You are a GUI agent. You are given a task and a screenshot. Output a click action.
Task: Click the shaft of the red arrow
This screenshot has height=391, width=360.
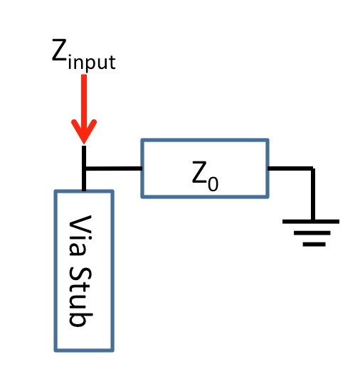click(84, 99)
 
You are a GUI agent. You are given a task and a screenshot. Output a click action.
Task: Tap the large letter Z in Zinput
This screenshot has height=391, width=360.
click(59, 50)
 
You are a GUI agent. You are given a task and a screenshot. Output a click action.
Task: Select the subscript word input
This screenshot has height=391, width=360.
click(92, 63)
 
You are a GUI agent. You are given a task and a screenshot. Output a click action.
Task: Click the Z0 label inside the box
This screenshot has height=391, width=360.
click(205, 176)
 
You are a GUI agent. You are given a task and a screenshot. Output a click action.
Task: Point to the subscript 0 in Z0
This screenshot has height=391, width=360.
click(213, 184)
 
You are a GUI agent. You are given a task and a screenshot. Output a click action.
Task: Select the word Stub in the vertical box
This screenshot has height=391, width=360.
click(80, 296)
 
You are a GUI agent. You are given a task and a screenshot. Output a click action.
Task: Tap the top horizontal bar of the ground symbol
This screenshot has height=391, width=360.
click(311, 221)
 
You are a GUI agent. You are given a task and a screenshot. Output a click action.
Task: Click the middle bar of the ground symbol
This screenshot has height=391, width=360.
click(312, 233)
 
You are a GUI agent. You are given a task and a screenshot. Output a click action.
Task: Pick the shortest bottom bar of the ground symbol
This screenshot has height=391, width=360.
click(314, 245)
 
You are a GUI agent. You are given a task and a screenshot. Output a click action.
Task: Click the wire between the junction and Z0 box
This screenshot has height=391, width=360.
click(114, 168)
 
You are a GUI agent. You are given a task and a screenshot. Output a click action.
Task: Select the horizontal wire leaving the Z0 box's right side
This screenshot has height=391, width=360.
click(290, 168)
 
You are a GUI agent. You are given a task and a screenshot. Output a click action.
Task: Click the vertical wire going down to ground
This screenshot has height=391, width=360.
click(312, 195)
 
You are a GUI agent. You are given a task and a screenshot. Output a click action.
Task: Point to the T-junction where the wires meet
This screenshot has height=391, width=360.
click(84, 168)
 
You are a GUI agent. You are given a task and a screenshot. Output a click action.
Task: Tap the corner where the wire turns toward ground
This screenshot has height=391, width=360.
click(312, 168)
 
